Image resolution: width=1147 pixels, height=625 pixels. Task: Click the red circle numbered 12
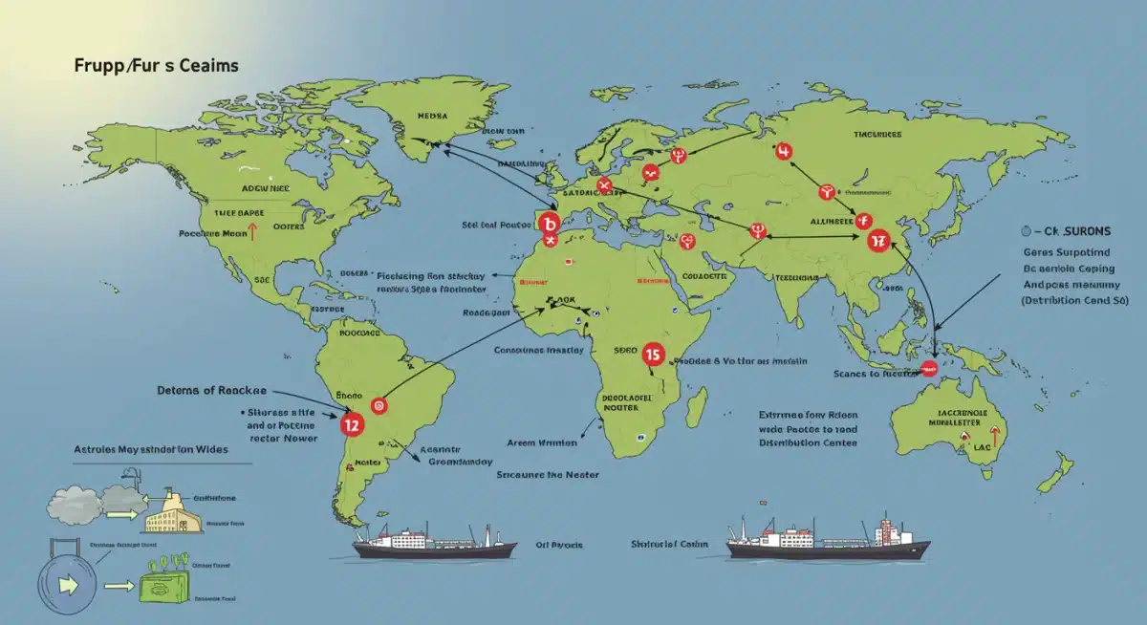click(x=351, y=422)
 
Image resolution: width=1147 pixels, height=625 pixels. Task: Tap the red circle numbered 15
click(x=654, y=355)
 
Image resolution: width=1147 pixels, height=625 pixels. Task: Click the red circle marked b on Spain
click(x=548, y=224)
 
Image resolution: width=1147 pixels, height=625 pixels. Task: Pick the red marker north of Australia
click(x=927, y=368)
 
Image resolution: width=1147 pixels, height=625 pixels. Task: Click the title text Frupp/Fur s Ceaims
click(x=156, y=66)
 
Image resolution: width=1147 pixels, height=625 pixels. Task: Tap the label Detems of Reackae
click(x=210, y=391)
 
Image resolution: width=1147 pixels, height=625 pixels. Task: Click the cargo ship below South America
click(x=435, y=544)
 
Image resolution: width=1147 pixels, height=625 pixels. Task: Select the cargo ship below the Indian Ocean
click(x=828, y=540)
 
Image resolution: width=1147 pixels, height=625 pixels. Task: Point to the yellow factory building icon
click(x=173, y=511)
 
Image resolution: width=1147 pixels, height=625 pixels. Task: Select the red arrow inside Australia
click(x=995, y=438)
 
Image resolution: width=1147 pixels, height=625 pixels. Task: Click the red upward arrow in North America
click(x=252, y=231)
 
